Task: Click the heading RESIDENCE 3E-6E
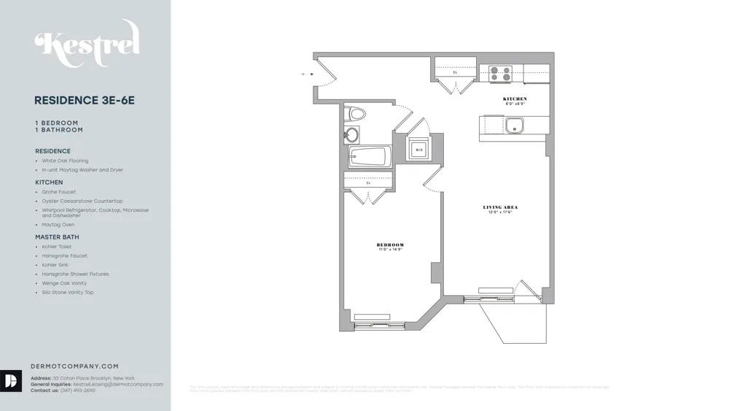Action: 85,101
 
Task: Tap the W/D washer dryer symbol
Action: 419,149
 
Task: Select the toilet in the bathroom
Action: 356,114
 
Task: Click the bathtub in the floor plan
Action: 368,157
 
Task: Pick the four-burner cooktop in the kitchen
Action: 500,74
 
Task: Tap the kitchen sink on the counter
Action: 515,126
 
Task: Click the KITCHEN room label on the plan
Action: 515,99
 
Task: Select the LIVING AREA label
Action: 500,207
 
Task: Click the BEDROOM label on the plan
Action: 390,245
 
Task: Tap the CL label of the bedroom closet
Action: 369,183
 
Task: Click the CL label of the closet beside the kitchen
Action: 456,72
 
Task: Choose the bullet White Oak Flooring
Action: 65,161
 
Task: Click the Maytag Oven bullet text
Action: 58,225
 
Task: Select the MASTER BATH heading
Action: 57,237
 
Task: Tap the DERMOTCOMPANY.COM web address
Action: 74,366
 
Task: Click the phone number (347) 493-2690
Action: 78,391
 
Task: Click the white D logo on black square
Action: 11,381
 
